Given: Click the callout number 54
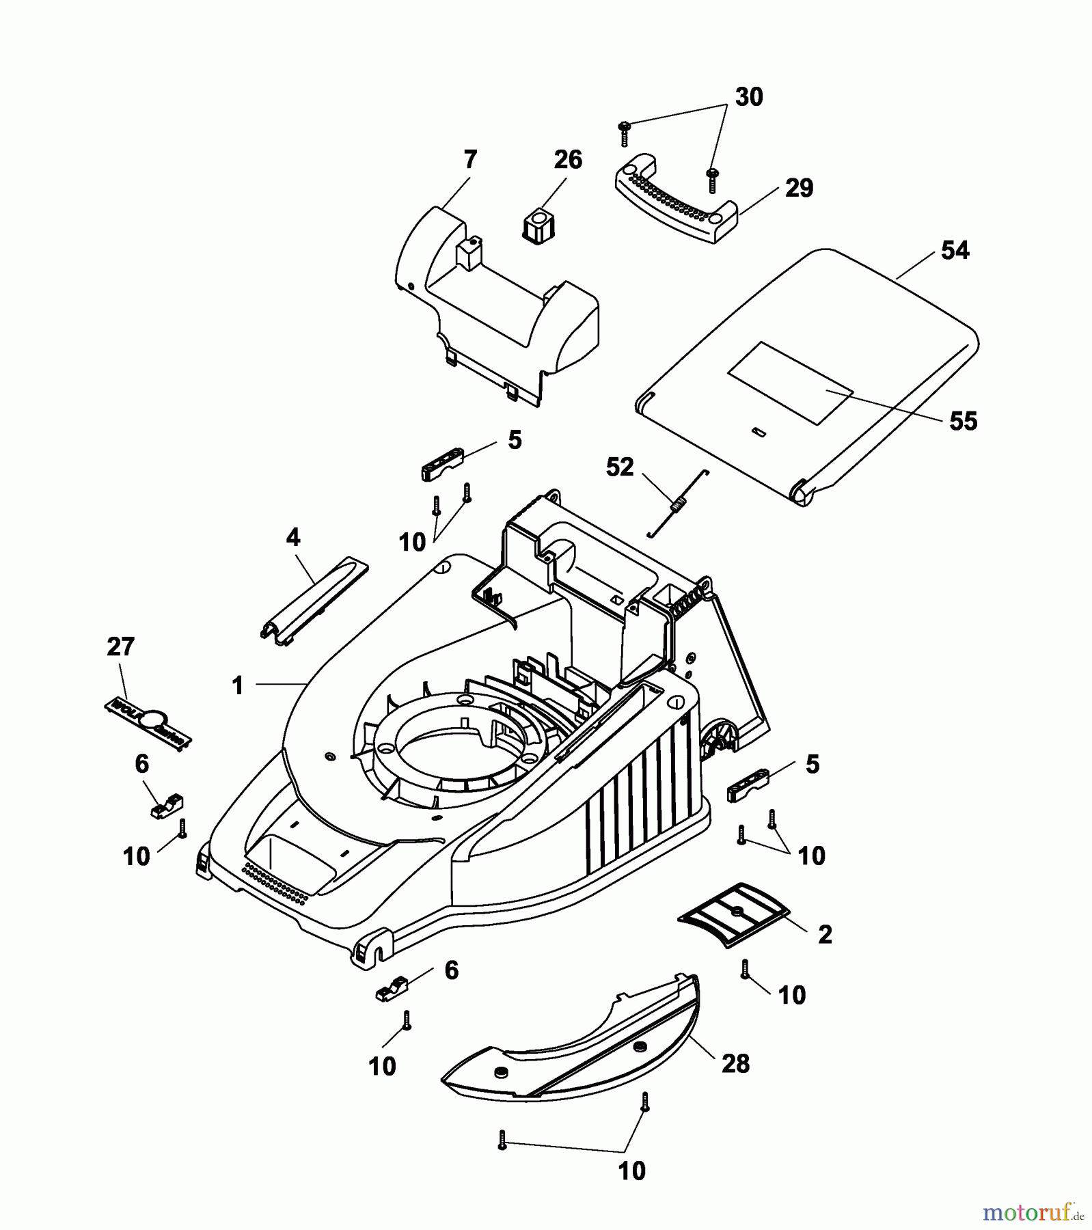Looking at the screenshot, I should pos(955,251).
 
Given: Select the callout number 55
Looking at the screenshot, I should pos(963,421).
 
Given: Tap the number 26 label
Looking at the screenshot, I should pos(567,160).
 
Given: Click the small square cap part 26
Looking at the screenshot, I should pos(538,227).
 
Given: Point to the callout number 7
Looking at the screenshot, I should pos(469,160).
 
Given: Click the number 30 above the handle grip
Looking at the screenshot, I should pos(748,97).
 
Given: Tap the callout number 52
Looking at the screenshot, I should pos(620,467).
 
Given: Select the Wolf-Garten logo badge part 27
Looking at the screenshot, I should pos(147,722).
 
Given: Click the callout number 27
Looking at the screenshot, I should pos(120,646).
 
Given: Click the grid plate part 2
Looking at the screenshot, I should pos(733,914).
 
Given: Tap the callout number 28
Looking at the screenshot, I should pos(735,1063).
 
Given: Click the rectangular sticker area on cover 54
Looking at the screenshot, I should pos(789,382).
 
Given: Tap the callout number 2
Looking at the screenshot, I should pos(825,935).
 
